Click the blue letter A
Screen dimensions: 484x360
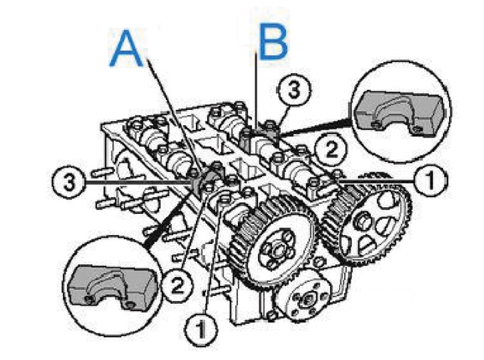126,48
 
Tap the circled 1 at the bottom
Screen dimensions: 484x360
201,329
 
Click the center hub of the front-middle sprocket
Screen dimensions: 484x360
277,249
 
